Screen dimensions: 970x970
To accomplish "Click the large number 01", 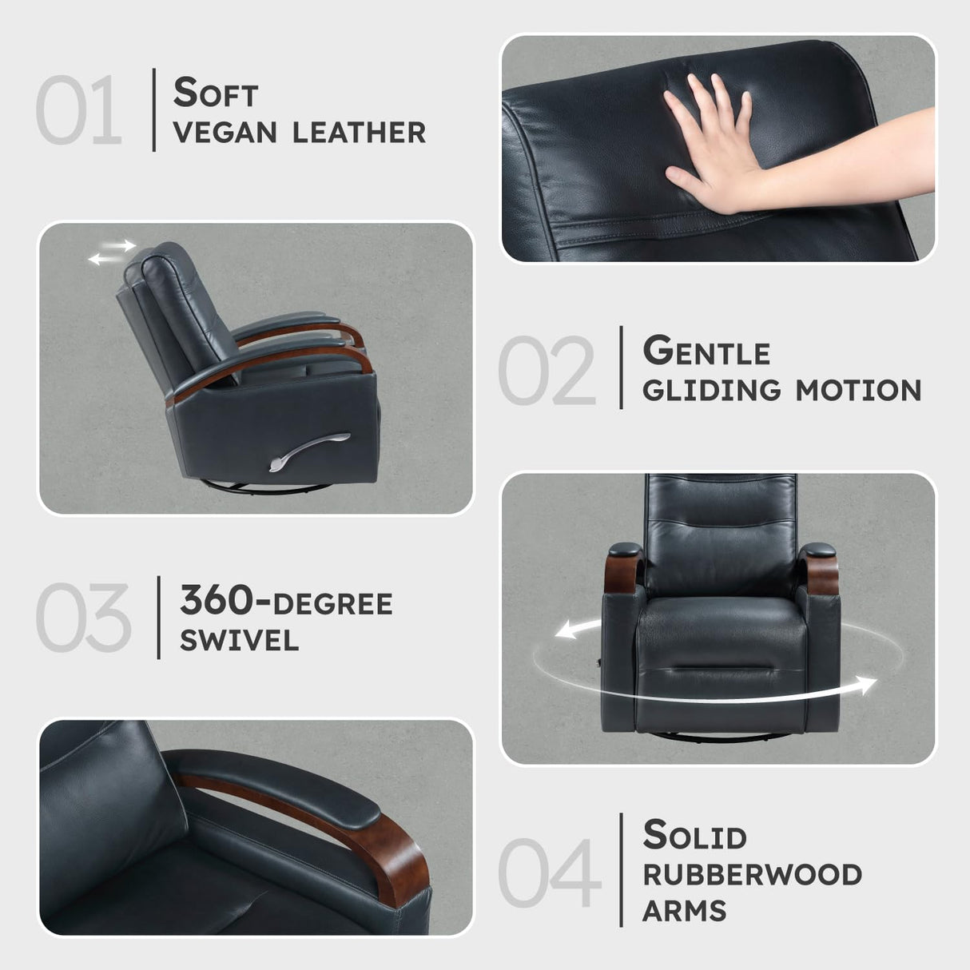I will click(x=78, y=110).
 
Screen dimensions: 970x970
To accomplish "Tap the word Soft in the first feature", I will click(x=216, y=93).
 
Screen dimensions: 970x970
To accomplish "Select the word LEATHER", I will click(x=359, y=133).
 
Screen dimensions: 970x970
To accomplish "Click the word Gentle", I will click(x=706, y=352).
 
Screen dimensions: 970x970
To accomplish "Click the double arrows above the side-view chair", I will click(x=111, y=252).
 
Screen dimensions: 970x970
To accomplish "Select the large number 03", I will click(x=82, y=618).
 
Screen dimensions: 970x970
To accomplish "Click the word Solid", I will click(x=694, y=836).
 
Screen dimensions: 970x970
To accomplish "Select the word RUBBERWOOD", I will click(x=752, y=875).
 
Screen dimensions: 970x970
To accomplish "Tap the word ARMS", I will click(x=684, y=911).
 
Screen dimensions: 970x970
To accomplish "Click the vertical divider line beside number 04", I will click(x=621, y=870).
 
